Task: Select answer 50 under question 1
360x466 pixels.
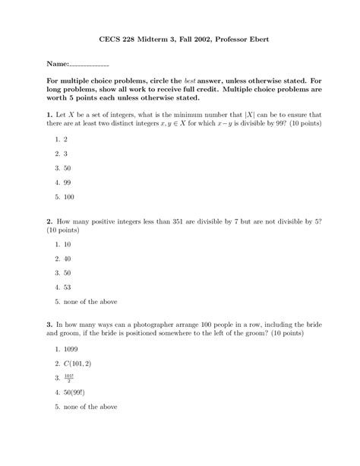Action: click(x=69, y=167)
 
